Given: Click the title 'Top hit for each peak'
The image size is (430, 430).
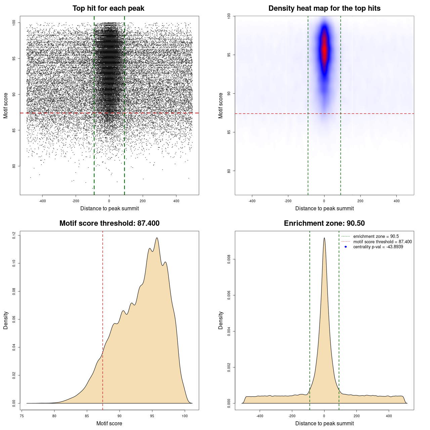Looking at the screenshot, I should tap(108, 8).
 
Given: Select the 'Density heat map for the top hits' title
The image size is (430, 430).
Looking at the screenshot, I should tap(324, 8).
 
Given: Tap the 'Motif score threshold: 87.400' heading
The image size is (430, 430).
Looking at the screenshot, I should tap(109, 223).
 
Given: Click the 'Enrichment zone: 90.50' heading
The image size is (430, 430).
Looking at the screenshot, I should tap(324, 223).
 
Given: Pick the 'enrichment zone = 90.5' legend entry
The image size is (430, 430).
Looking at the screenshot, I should tap(376, 236).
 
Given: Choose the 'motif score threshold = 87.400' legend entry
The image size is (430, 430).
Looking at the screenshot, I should tap(382, 242).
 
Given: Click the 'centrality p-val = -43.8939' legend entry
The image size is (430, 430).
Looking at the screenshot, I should tap(378, 247).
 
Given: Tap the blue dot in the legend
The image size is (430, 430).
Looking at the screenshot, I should tap(346, 247).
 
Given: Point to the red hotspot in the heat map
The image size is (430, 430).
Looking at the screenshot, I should tap(324, 49).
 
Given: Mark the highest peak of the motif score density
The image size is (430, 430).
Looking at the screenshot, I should tap(157, 238).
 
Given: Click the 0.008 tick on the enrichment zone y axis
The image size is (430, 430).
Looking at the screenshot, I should tap(229, 259).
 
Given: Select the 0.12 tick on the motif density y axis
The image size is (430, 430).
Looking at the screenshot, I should tap(14, 235).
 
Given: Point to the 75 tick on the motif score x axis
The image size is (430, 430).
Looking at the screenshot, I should tap(22, 416).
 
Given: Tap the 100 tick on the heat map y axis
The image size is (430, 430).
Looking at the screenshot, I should tap(229, 16).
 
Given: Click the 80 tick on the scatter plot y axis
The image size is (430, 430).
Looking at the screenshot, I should tap(14, 166).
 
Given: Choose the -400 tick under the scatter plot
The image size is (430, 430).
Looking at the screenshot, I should tap(42, 201).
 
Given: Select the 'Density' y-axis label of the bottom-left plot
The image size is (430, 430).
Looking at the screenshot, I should tap(6, 320).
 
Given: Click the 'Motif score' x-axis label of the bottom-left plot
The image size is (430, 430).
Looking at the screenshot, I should tap(109, 423).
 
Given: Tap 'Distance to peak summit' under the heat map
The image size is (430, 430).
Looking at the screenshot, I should tap(324, 208).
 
